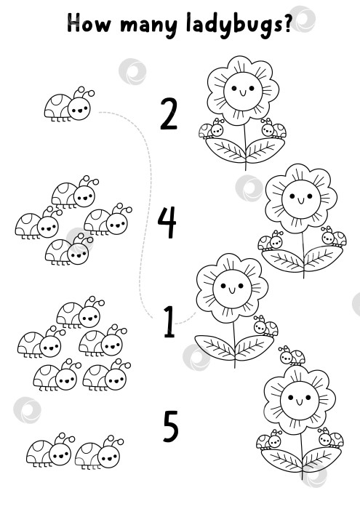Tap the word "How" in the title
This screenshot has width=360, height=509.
click(x=88, y=23)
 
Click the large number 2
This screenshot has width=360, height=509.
click(x=169, y=114)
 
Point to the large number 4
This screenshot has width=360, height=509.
click(x=167, y=223)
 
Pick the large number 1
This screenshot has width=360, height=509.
click(x=169, y=321)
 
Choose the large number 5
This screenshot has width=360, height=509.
click(x=171, y=426)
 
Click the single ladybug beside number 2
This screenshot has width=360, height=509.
click(x=69, y=105)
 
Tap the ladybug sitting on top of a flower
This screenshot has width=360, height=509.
click(x=292, y=356)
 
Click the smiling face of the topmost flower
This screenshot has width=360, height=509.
click(x=243, y=91)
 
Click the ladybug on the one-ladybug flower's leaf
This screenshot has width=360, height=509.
click(x=266, y=326)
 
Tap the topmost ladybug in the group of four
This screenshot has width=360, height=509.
click(x=75, y=192)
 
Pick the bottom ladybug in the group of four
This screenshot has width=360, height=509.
click(x=69, y=249)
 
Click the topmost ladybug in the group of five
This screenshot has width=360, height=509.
click(x=80, y=313)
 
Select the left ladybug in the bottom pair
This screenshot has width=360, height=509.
click(x=50, y=451)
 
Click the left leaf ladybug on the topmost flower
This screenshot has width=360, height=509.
click(x=212, y=129)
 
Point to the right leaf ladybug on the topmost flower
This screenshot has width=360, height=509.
click(x=274, y=128)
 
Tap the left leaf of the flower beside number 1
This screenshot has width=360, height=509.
click(x=215, y=346)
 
